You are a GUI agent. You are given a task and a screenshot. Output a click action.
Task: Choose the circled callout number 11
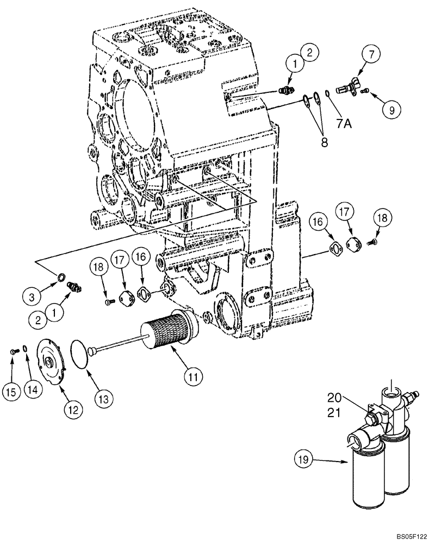194,375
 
